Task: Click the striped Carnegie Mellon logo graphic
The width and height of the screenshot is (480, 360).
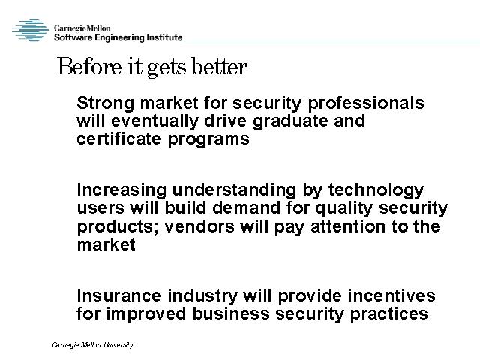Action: (31, 30)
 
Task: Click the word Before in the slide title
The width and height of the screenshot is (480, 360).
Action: (89, 66)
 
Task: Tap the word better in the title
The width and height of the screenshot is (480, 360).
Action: (220, 66)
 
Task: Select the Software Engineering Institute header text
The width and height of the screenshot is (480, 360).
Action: (118, 37)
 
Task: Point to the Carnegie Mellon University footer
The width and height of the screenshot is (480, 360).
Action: (92, 345)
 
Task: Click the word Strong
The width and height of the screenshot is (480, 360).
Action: (105, 103)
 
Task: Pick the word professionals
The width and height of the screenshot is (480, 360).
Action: (366, 103)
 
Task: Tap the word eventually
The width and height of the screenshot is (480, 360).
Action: (155, 121)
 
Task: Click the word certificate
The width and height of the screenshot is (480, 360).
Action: (118, 139)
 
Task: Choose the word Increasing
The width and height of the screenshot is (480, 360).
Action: (121, 190)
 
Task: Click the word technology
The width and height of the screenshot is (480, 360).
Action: (376, 190)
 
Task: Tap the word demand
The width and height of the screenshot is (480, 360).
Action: (246, 208)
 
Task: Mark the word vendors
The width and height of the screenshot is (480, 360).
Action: (199, 226)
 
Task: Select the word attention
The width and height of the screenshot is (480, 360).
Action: (348, 226)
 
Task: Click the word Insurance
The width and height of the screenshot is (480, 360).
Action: (118, 295)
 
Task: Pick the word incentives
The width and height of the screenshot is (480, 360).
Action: (391, 295)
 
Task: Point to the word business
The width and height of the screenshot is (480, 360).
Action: (231, 313)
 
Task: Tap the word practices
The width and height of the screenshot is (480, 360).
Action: (388, 314)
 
